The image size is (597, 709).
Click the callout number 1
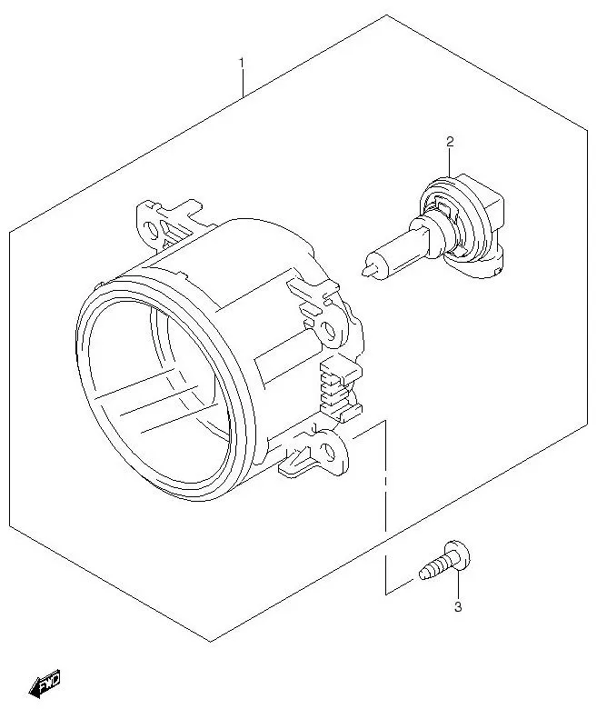[x=242, y=63]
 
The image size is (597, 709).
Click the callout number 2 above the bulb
[x=449, y=141]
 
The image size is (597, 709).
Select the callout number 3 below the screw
[x=458, y=606]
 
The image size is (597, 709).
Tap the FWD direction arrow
[x=45, y=684]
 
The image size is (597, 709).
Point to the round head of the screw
[x=461, y=557]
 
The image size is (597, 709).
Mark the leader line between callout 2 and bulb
[x=449, y=164]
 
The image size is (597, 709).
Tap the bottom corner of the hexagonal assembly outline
[x=210, y=642]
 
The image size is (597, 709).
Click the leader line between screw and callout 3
[x=459, y=584]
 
